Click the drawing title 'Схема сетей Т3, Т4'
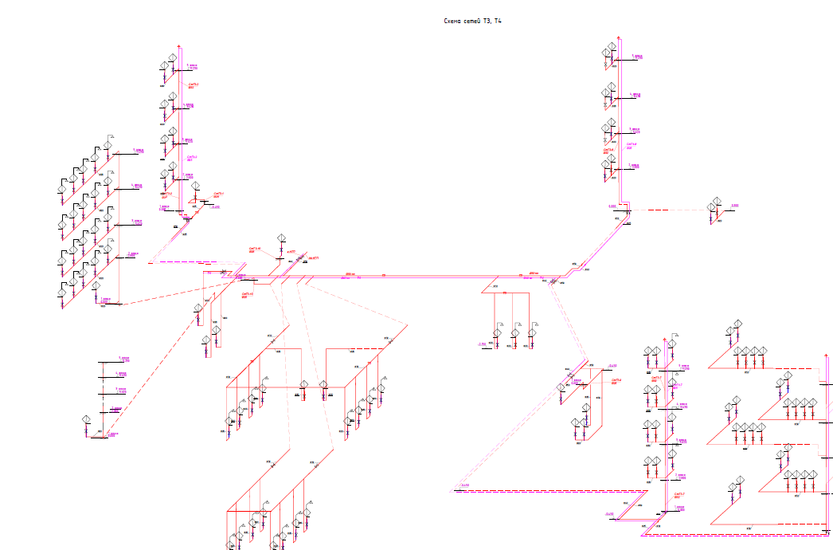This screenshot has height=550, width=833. [x=473, y=21]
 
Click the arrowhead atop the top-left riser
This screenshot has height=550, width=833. [x=180, y=47]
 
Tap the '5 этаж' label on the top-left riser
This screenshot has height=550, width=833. [x=191, y=66]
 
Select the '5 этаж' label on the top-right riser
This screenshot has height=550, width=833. [x=636, y=57]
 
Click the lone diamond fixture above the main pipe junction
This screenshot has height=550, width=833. [x=281, y=239]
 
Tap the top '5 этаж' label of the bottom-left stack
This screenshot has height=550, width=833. [x=123, y=359]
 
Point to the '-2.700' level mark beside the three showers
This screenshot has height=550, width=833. [x=481, y=344]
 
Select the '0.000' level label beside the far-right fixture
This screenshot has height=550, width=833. [x=734, y=206]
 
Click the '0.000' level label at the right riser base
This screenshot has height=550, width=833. [x=612, y=206]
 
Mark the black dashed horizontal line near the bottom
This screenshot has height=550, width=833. [x=549, y=492]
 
